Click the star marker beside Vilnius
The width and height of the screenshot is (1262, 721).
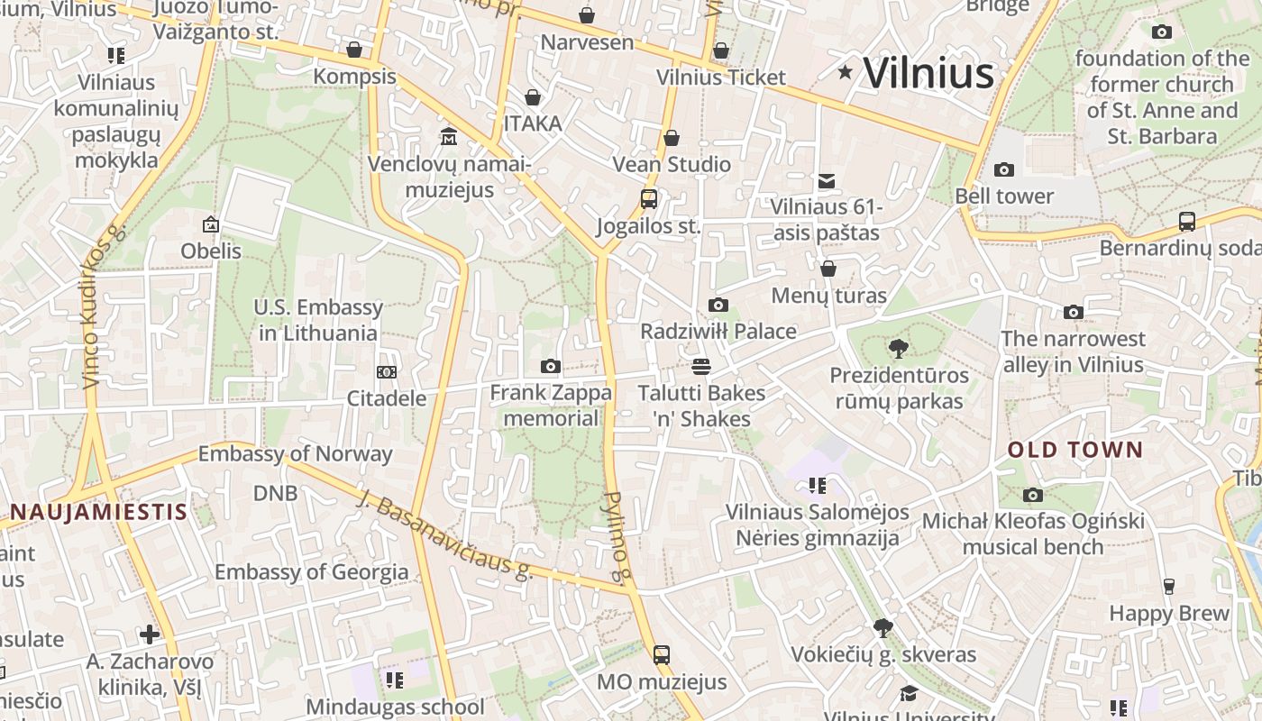point(845,72)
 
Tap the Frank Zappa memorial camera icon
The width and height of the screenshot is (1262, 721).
point(551,366)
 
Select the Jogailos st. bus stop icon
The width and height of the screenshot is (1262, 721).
point(649,199)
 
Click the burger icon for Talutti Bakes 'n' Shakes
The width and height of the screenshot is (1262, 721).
point(701,366)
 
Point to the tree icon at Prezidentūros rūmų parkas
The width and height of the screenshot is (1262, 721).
point(898,348)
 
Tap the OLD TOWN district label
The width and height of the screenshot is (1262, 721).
point(1075,450)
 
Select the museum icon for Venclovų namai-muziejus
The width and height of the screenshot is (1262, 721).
point(448,136)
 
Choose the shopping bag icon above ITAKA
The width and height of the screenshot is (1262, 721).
point(533,97)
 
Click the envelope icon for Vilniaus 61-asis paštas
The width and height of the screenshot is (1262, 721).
point(826,181)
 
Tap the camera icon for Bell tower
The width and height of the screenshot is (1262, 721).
point(1003,169)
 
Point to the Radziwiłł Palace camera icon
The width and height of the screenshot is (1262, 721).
point(718,305)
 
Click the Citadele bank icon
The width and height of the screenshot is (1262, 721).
point(386,371)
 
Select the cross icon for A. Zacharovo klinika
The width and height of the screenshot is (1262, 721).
point(150,634)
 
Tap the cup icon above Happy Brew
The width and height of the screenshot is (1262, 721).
point(1169,587)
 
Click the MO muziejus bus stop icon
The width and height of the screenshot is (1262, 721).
point(662,655)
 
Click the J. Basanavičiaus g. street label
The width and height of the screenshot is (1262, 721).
point(445,534)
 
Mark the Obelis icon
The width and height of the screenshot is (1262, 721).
point(211,224)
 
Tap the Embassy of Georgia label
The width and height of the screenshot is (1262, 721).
point(311,571)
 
